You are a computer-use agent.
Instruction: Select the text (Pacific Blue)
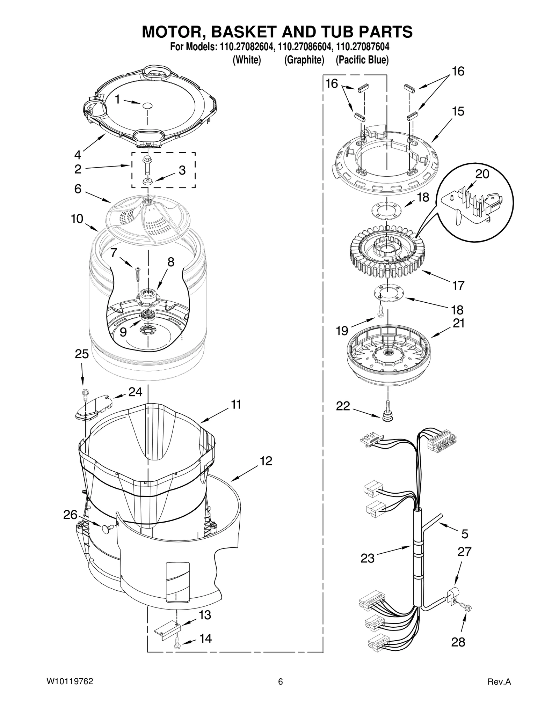(362, 60)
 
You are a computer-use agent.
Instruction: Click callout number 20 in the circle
(482, 174)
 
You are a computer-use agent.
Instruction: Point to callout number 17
(458, 285)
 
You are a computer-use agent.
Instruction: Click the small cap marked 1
(148, 105)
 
